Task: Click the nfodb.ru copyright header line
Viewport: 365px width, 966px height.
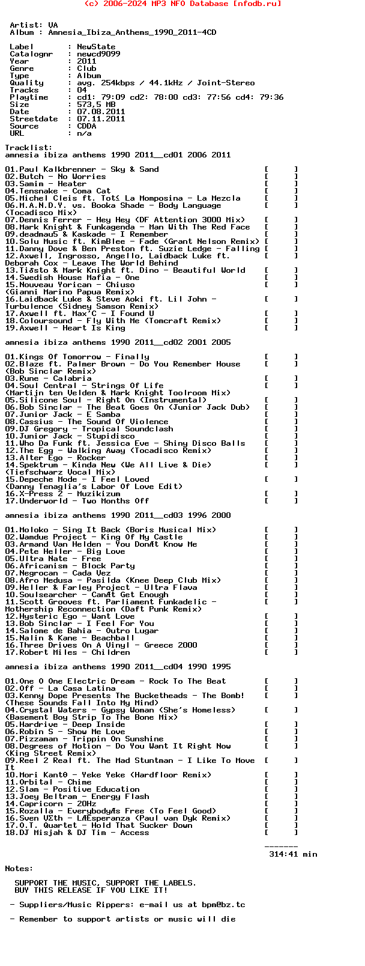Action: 182,4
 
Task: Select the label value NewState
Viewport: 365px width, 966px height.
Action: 96,47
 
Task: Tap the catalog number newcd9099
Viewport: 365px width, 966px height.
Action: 98,54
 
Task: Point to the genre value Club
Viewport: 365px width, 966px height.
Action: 86,68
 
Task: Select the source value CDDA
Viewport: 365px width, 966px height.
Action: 86,126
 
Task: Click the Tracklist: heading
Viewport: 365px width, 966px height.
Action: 29,148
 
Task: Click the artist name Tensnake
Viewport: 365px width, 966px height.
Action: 38,191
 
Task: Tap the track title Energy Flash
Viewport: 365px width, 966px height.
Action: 120,797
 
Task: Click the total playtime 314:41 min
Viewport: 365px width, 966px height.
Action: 293,854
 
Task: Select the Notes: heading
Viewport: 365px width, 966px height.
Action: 19,869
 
